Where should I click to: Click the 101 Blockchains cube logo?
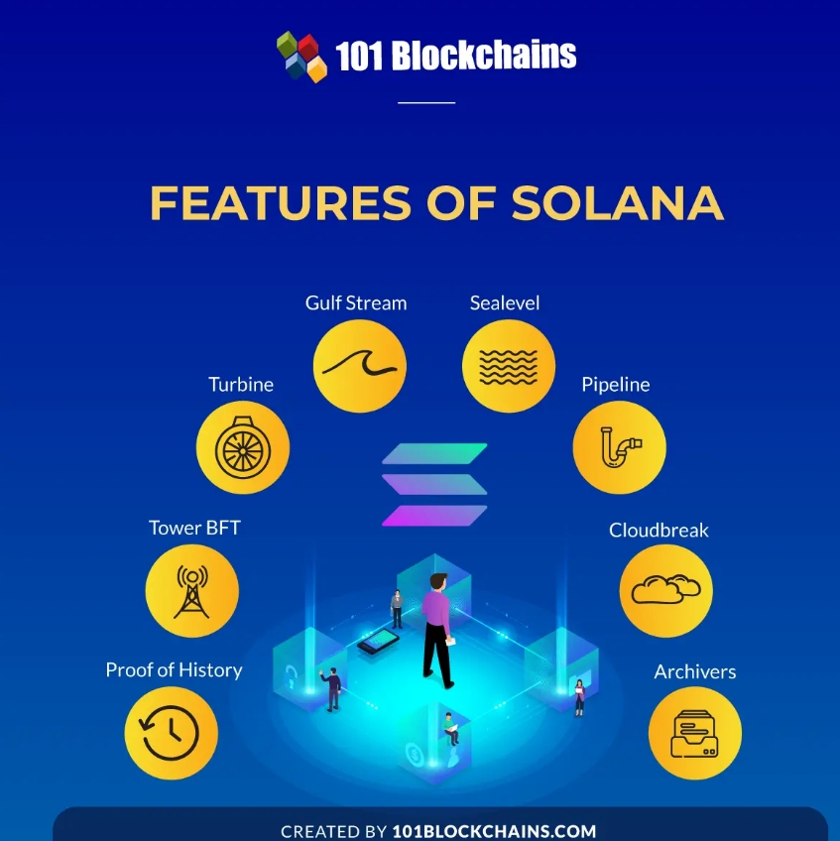(x=301, y=56)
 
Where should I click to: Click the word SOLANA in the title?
(x=617, y=202)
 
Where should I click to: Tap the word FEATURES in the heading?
(x=280, y=202)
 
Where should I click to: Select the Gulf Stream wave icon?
(x=359, y=366)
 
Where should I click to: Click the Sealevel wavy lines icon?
(x=508, y=366)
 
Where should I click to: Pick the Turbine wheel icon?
(x=242, y=447)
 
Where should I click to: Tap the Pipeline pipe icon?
(x=619, y=447)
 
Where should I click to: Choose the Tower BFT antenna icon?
(x=191, y=591)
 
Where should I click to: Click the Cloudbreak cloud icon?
(x=665, y=591)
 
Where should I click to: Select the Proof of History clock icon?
(x=171, y=733)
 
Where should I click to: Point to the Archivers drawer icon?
(x=694, y=733)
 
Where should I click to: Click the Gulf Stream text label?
(x=356, y=303)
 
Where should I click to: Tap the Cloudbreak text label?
(x=659, y=531)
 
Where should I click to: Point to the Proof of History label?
(x=174, y=670)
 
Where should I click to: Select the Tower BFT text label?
(x=194, y=528)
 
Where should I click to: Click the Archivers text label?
(x=694, y=672)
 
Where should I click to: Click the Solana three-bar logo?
(x=434, y=485)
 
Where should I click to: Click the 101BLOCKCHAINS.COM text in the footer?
(x=494, y=831)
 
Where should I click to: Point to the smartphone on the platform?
(x=378, y=642)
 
